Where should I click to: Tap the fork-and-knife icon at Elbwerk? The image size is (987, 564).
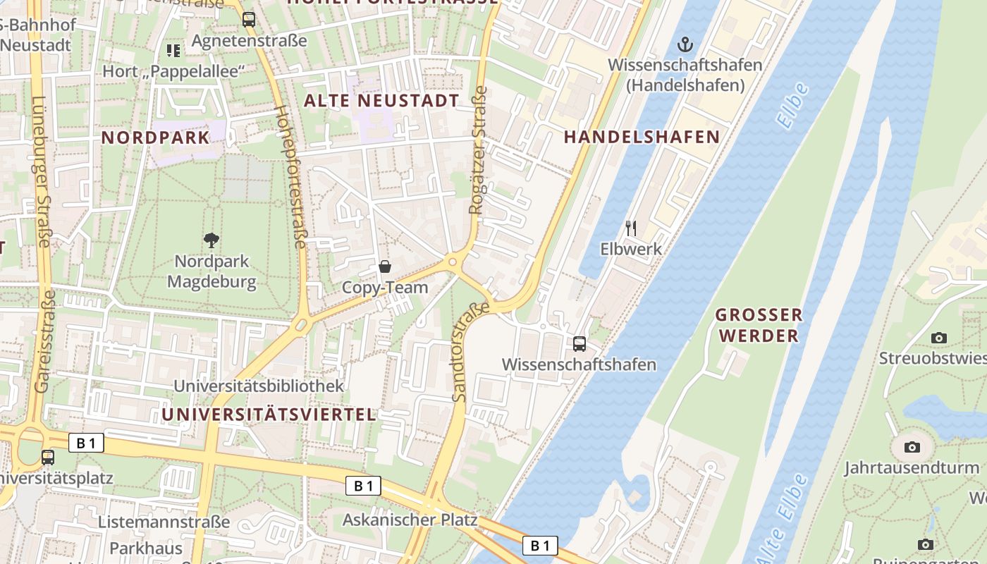(631, 228)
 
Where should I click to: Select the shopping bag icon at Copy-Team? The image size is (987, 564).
(385, 266)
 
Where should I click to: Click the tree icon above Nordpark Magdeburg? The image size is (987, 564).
(211, 240)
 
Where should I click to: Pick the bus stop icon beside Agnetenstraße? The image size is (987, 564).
(249, 20)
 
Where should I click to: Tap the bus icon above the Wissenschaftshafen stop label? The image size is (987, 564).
(580, 344)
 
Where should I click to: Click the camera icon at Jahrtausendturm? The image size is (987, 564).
(912, 447)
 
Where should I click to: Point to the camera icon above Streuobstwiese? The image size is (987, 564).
(938, 338)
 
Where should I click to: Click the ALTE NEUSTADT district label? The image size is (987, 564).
(381, 101)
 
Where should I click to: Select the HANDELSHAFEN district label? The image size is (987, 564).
(642, 137)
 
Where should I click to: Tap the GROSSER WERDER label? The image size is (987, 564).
(759, 325)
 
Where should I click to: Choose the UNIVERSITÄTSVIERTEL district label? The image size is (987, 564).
(269, 415)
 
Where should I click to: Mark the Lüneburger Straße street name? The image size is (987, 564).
(40, 171)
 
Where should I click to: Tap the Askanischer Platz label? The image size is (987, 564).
(410, 520)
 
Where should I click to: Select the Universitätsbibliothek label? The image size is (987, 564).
(259, 386)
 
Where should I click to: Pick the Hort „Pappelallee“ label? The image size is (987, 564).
(173, 71)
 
